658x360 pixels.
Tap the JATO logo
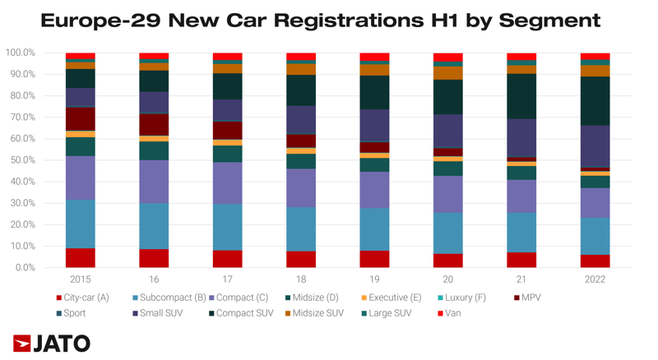coord(51,343)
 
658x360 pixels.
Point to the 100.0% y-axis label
coord(21,53)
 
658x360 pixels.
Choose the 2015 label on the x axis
coord(81,280)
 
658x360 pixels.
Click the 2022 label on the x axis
coord(595,280)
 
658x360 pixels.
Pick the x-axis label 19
coord(374,280)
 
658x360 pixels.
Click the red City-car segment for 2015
coord(81,257)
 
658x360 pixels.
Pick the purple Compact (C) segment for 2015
coord(81,178)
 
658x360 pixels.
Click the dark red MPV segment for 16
coord(154,124)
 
